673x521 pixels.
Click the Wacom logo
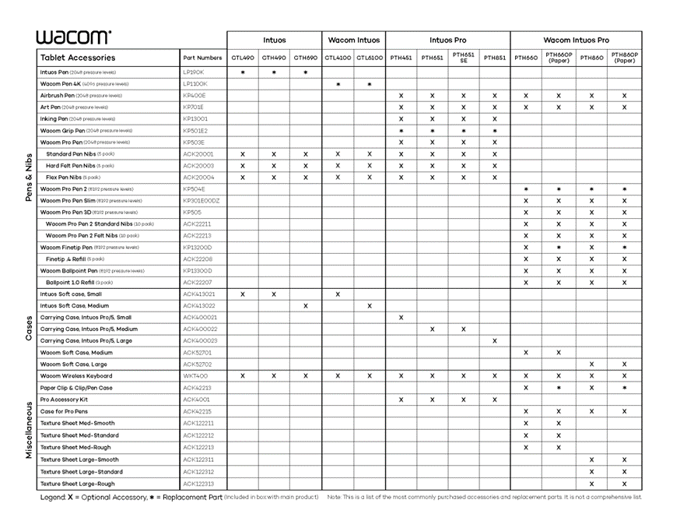73,37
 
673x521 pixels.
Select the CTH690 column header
305,58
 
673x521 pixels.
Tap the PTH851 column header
494,58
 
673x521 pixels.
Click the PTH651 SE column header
463,58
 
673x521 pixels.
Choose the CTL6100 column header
369,58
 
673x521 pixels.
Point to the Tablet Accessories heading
78,58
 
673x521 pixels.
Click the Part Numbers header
202,58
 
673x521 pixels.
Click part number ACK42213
197,388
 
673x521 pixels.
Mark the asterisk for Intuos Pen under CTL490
243,72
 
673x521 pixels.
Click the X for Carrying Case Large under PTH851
494,341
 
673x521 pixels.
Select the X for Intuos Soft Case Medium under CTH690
305,306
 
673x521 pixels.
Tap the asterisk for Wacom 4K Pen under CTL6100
369,84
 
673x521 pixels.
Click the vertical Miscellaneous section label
29,430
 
